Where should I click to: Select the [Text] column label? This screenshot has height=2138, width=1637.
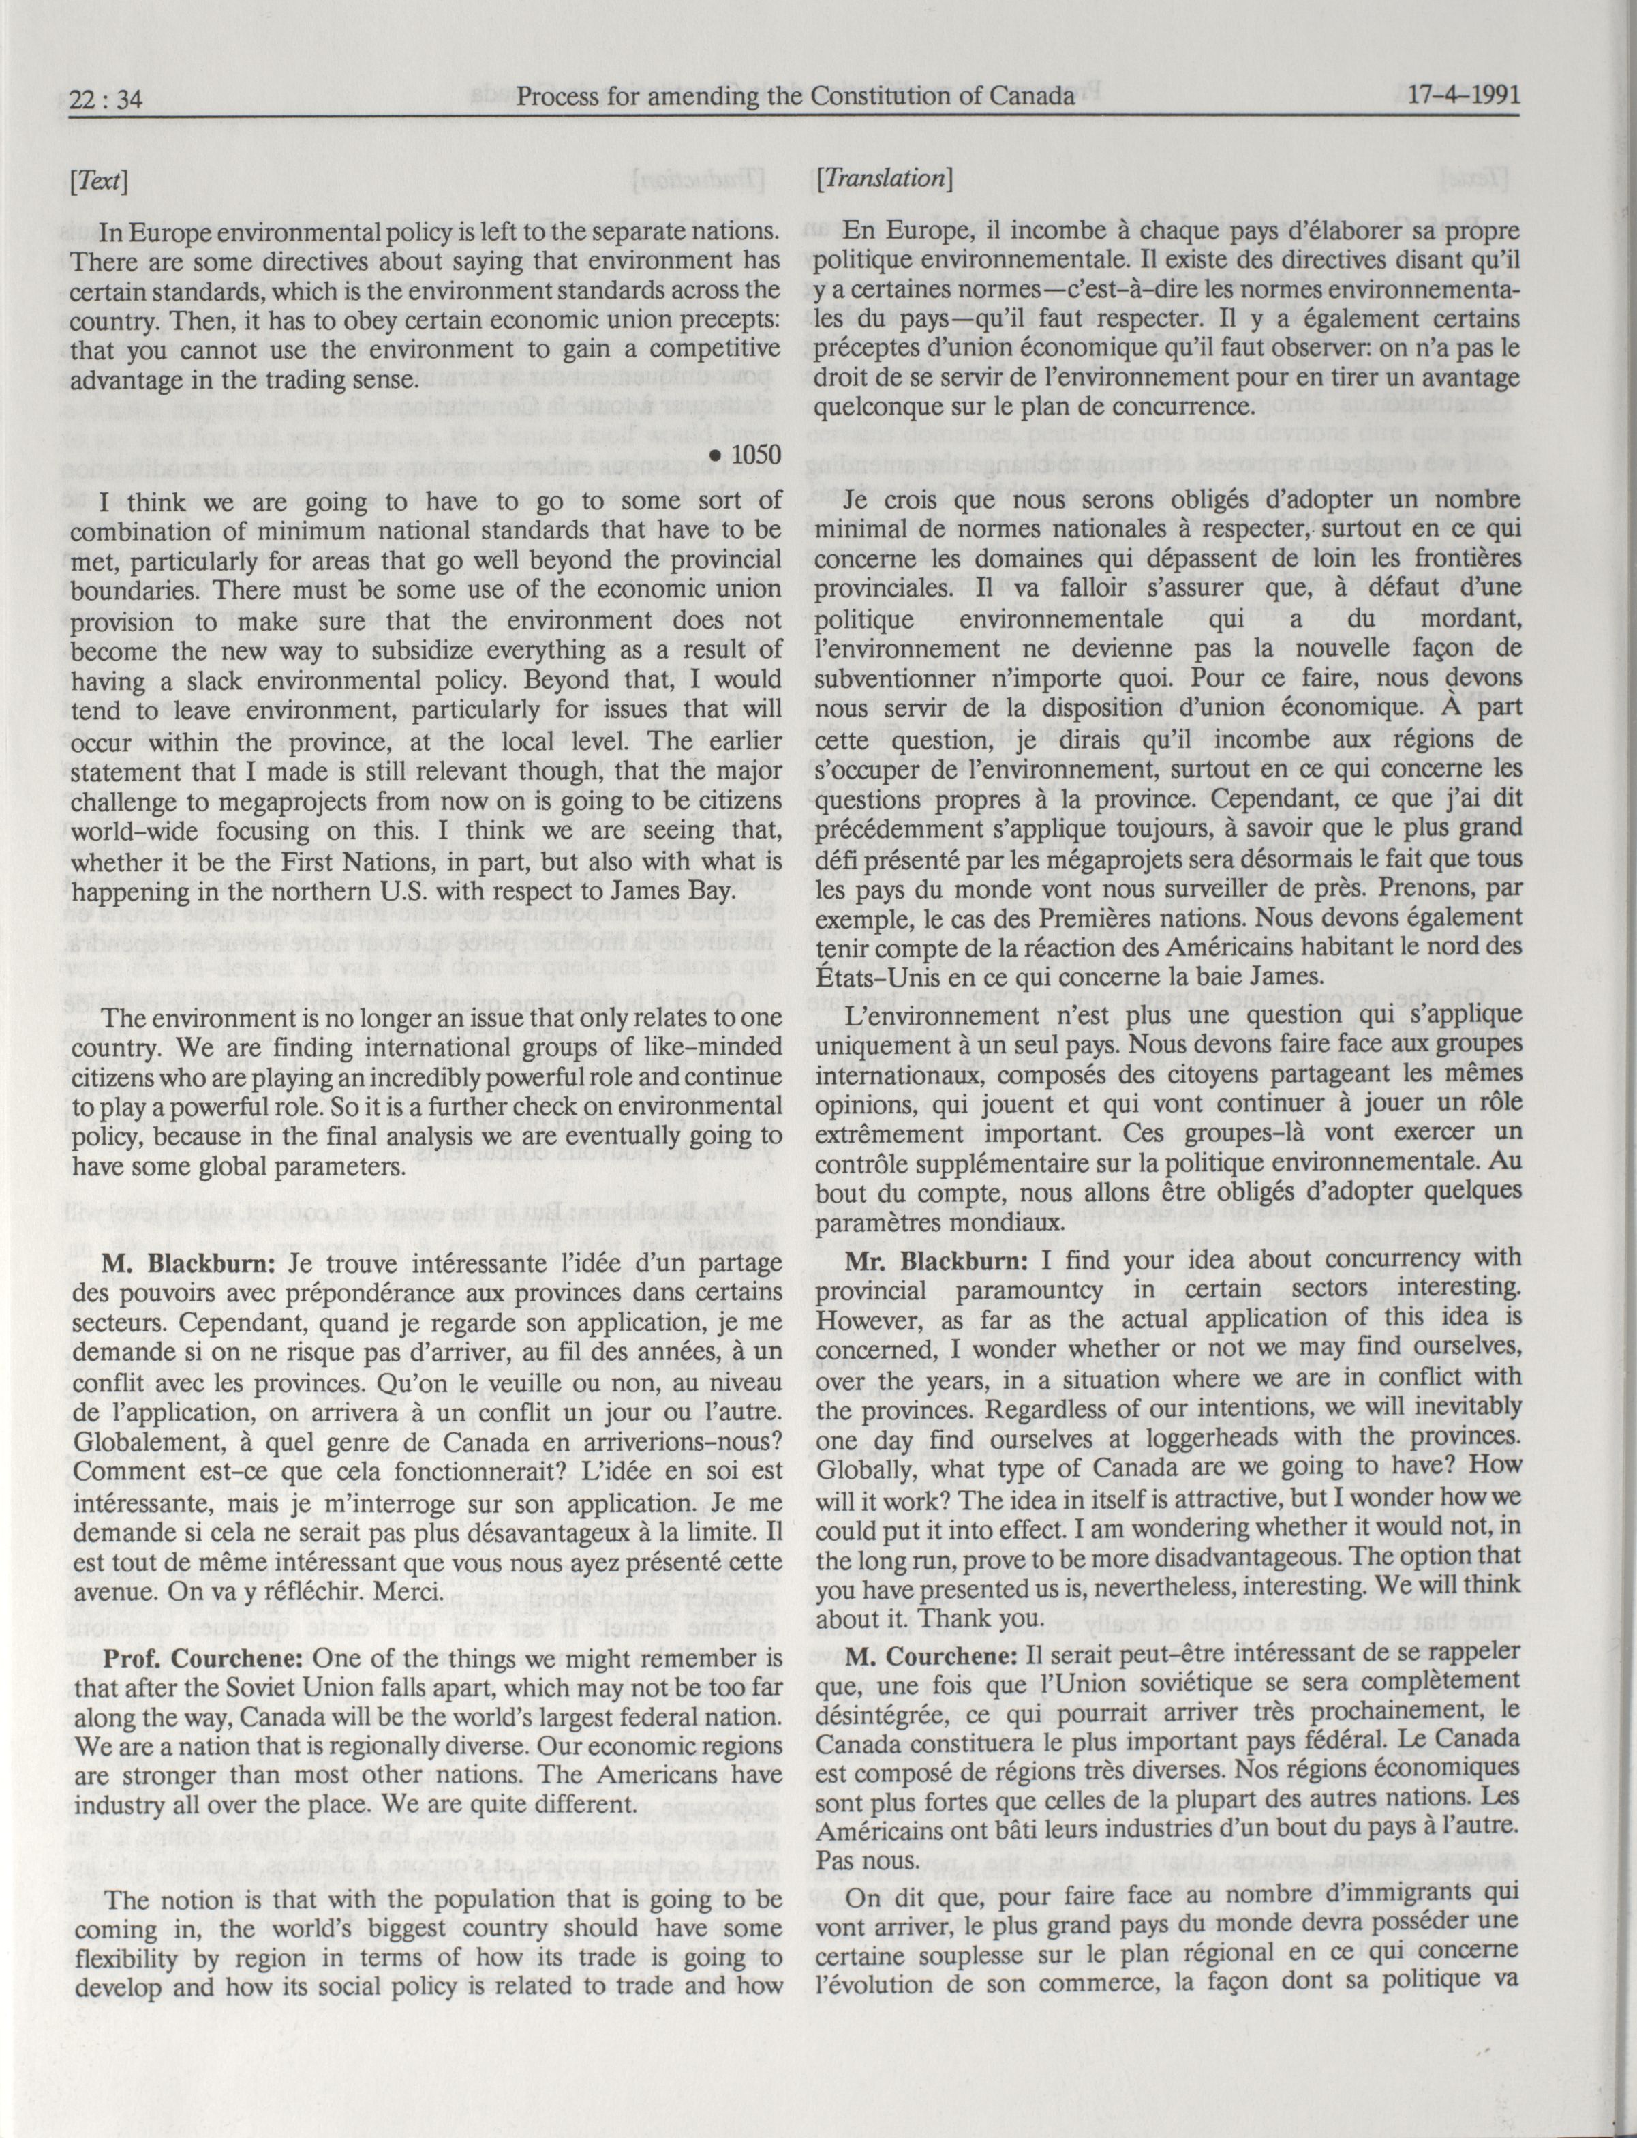[x=100, y=182]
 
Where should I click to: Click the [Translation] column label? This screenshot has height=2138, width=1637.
[x=885, y=179]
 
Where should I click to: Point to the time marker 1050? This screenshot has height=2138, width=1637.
[x=748, y=455]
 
